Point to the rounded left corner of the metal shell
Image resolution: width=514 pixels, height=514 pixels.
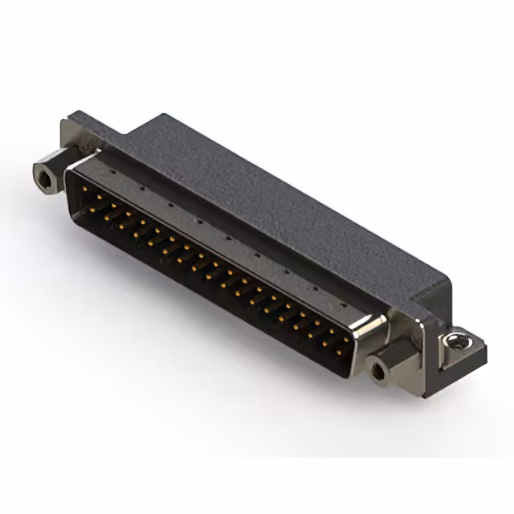[72, 166]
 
